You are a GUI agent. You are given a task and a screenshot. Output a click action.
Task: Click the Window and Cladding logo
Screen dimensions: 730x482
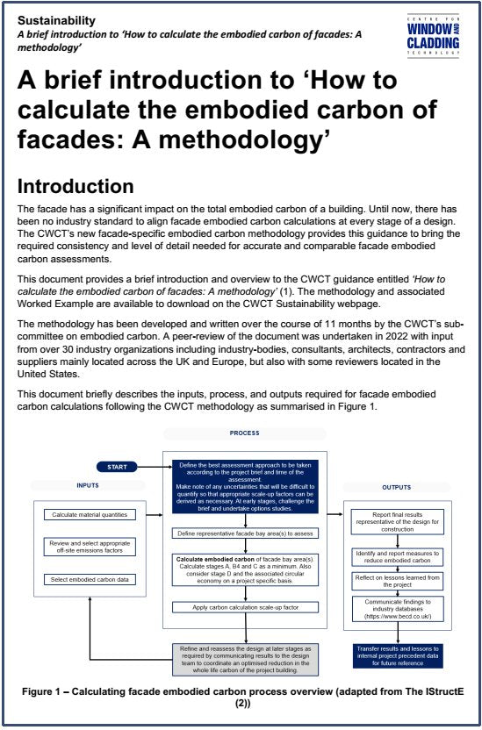point(434,35)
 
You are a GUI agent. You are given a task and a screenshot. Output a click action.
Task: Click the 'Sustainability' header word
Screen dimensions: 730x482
point(57,20)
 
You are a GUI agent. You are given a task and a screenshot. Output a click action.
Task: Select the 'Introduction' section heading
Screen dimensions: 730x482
point(76,187)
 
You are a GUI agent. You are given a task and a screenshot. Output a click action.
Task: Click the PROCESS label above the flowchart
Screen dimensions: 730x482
point(244,433)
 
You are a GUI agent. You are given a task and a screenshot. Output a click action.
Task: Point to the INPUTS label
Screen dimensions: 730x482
point(88,485)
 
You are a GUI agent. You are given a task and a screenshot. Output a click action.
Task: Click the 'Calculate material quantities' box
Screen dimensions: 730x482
point(88,514)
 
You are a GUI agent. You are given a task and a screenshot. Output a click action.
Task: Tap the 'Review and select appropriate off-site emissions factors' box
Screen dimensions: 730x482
point(88,548)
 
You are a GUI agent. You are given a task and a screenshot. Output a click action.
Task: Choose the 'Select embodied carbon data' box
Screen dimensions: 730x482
point(88,580)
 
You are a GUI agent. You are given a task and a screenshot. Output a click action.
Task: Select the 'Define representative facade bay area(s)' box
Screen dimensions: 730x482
point(244,533)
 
